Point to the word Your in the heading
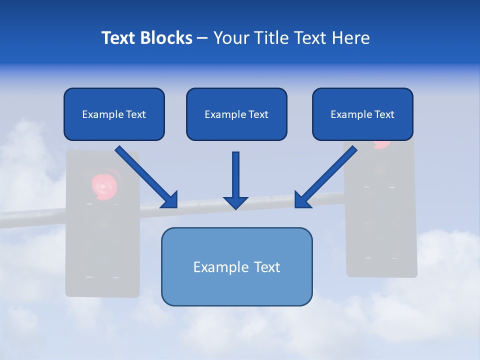[231, 38]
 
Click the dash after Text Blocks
[202, 38]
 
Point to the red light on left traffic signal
[104, 185]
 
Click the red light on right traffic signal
[382, 144]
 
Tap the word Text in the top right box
[384, 114]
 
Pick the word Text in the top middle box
[258, 114]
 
